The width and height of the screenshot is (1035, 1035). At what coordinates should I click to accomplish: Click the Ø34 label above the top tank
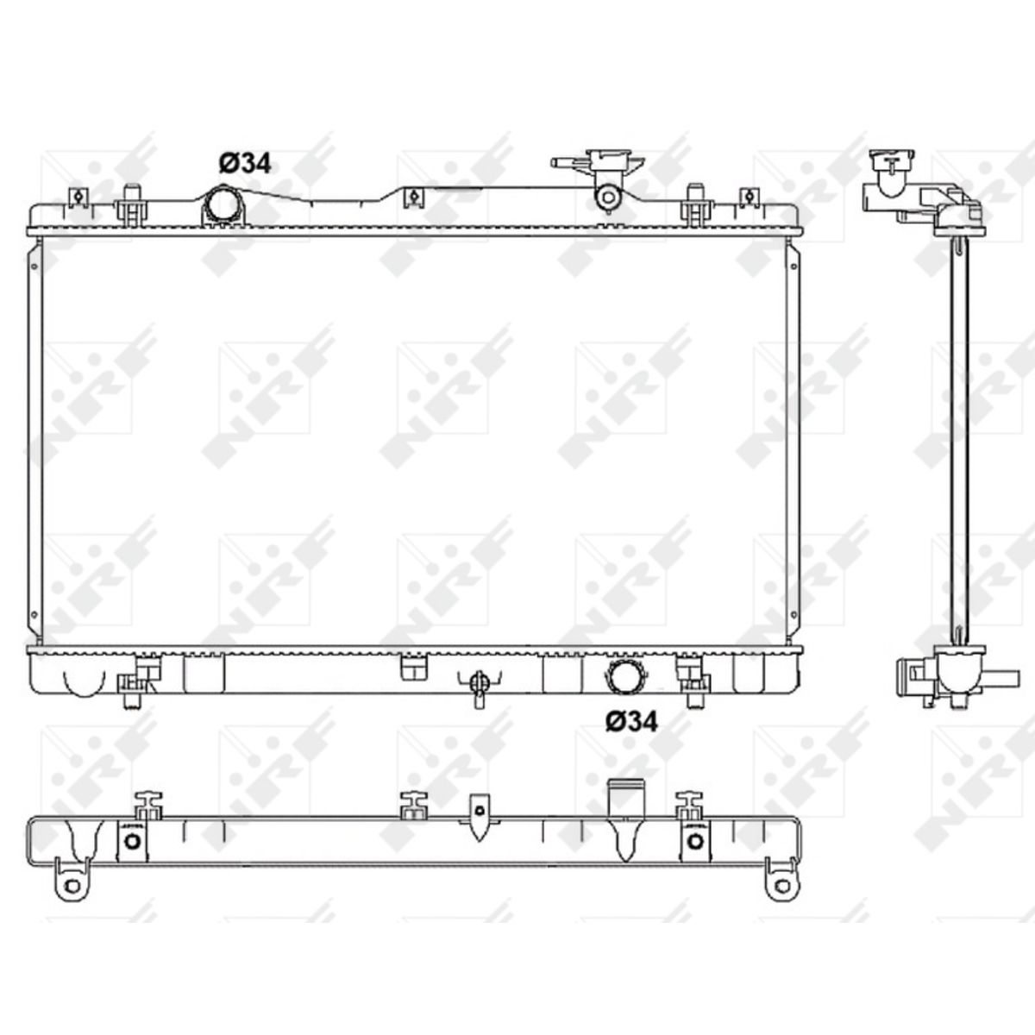(x=245, y=163)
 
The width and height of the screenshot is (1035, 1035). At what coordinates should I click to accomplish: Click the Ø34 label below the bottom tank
(x=631, y=721)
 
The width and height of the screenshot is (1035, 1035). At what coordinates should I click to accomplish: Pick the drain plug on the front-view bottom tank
(x=479, y=686)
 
